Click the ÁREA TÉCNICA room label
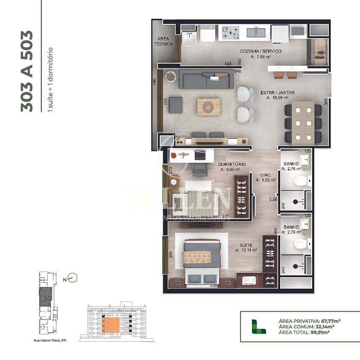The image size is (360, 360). (x=164, y=41)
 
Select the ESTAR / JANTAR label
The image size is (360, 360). (x=277, y=92)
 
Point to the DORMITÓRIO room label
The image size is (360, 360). (x=231, y=164)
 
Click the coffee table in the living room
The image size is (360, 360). (x=208, y=107)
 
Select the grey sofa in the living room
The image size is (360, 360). (x=206, y=79)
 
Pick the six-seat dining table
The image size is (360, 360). (x=303, y=123)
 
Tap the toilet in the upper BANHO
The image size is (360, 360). (x=301, y=181)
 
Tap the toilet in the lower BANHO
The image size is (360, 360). (x=301, y=244)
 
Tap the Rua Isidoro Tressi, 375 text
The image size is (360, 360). (x=50, y=340)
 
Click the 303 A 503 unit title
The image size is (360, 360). (x=26, y=71)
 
